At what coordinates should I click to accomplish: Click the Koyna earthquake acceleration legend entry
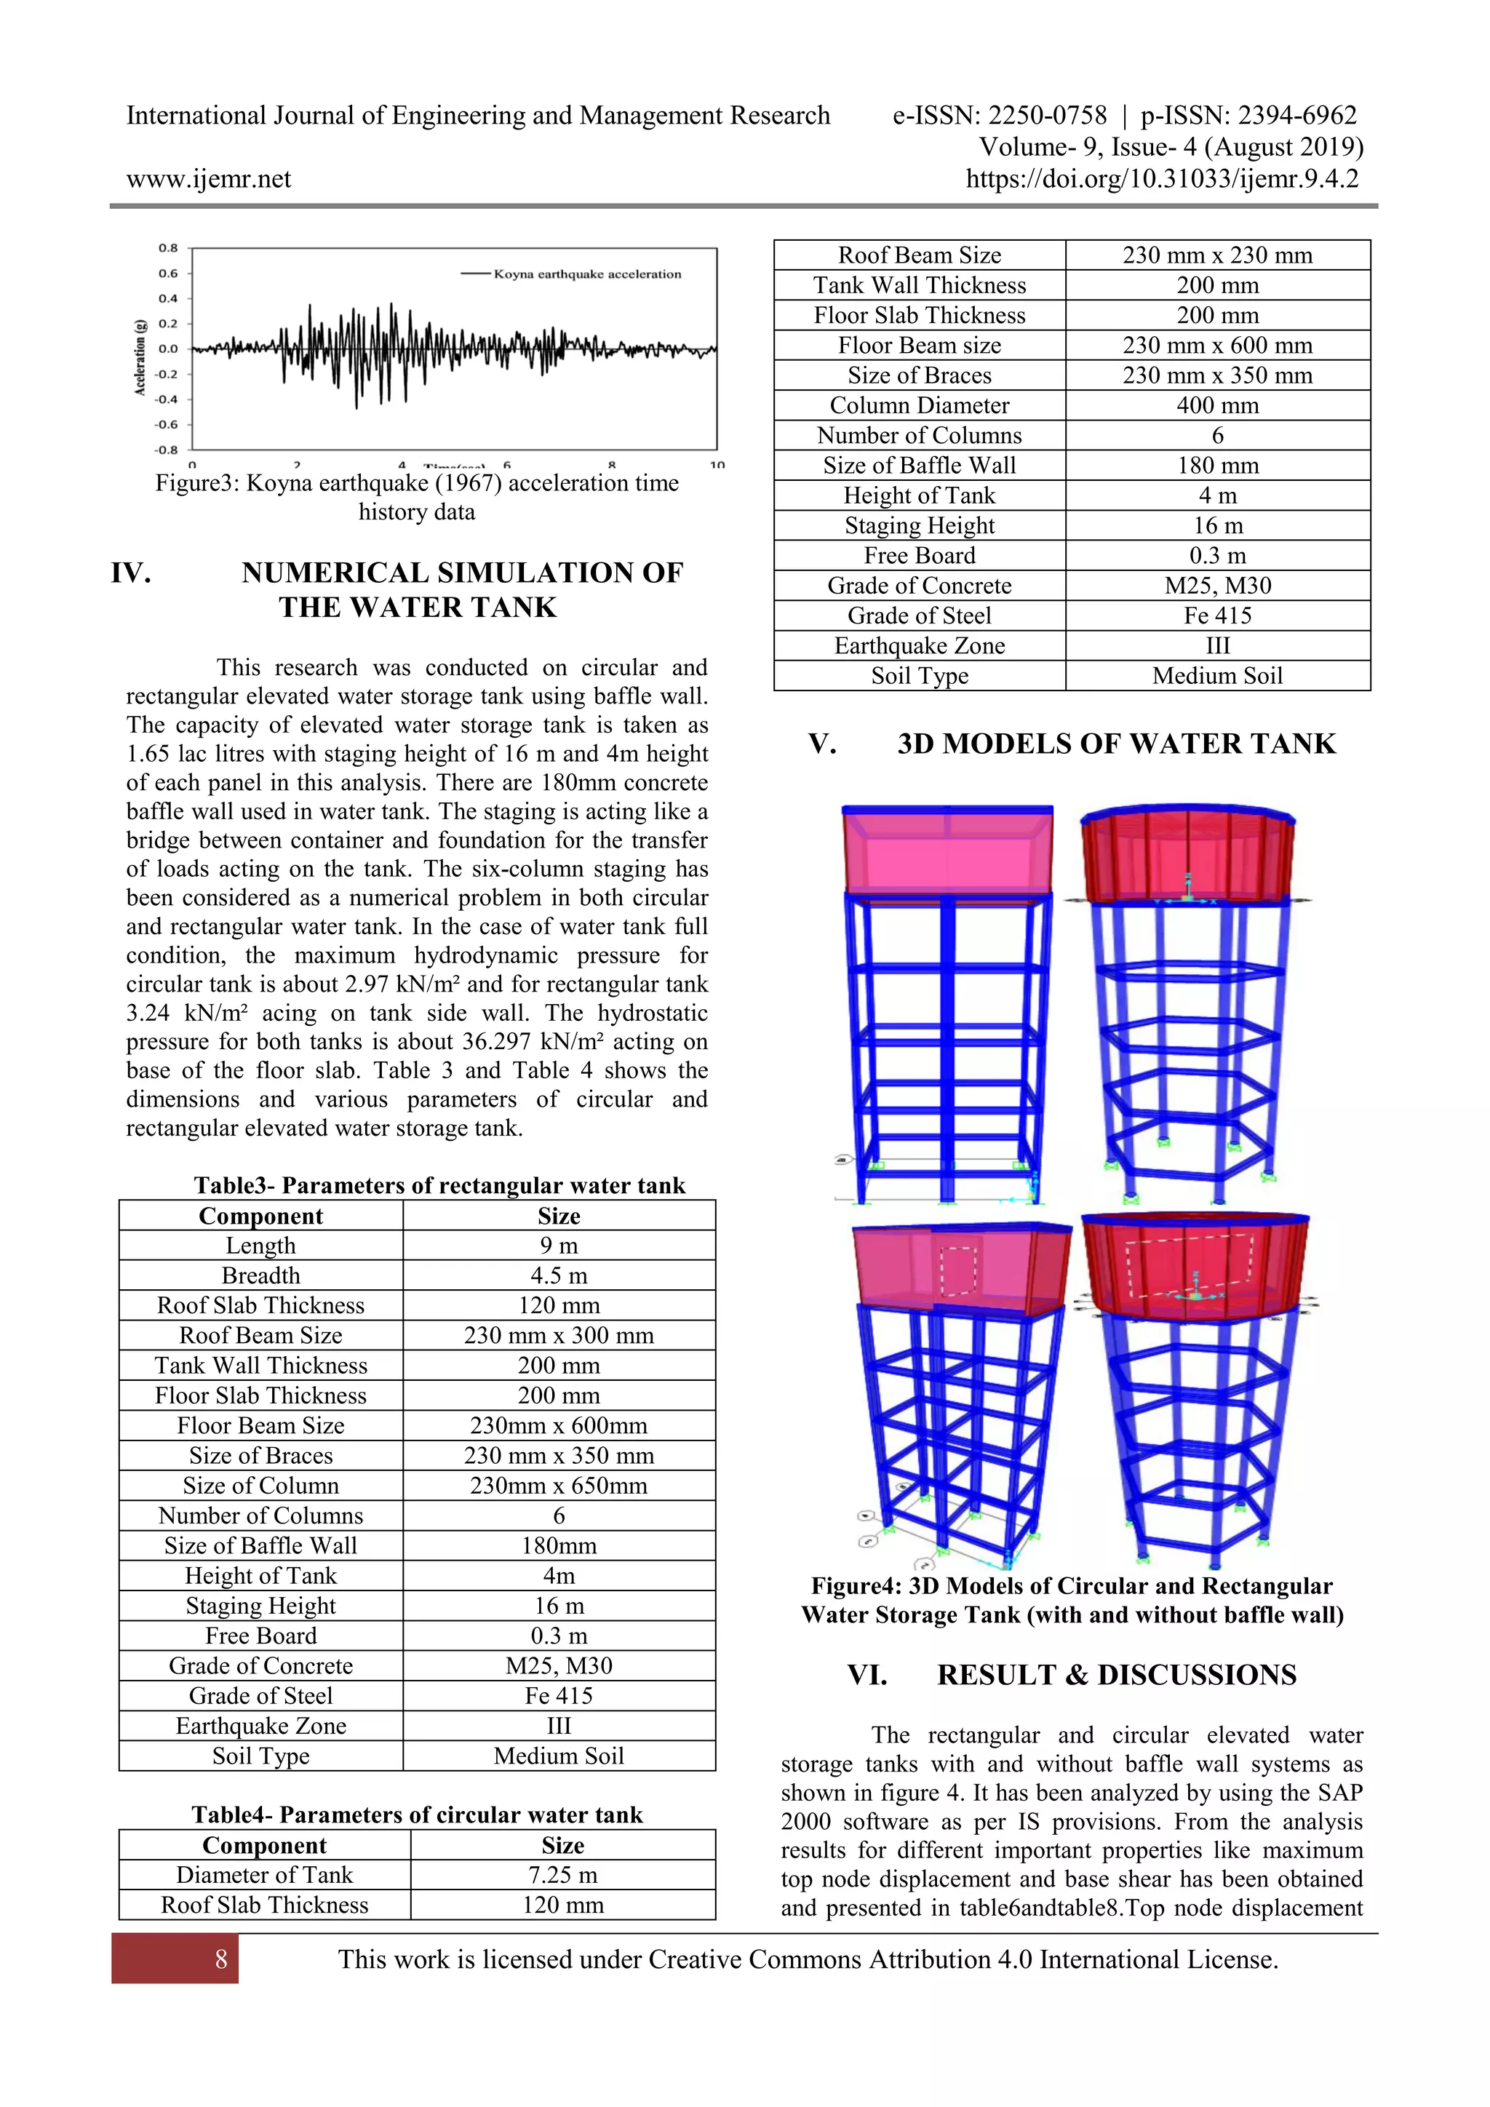coord(586,274)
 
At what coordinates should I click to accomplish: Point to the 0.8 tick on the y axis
coord(168,248)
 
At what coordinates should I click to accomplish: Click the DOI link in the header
coord(1162,178)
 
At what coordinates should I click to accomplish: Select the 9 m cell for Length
coord(558,1246)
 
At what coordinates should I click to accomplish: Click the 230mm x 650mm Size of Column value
coord(558,1485)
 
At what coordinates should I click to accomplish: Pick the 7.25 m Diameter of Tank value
coord(562,1874)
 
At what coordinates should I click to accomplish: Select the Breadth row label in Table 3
coord(260,1275)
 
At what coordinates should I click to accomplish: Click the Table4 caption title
coord(417,1815)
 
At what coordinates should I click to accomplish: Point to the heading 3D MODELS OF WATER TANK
coord(1115,744)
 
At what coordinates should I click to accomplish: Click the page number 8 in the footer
coord(220,1959)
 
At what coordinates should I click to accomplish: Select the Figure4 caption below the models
coord(1072,1601)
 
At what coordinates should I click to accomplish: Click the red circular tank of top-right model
coord(1187,853)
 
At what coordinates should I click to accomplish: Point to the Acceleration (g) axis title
coord(140,358)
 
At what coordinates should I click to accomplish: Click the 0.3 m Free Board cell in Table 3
coord(558,1636)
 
